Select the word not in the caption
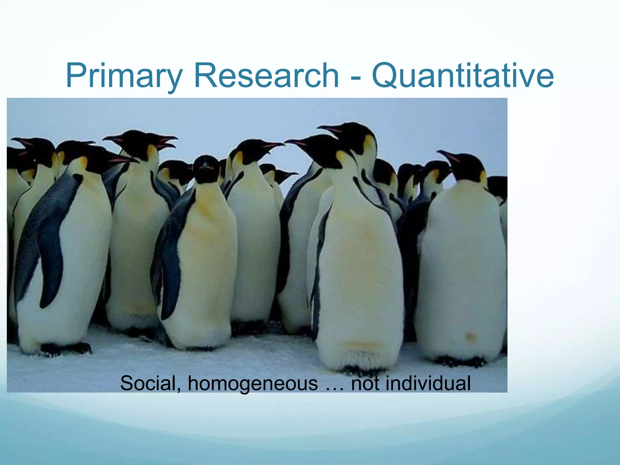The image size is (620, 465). click(365, 383)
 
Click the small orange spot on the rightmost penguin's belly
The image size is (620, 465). click(470, 337)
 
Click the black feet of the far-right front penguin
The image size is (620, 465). click(460, 361)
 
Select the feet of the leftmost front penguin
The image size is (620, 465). click(65, 348)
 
